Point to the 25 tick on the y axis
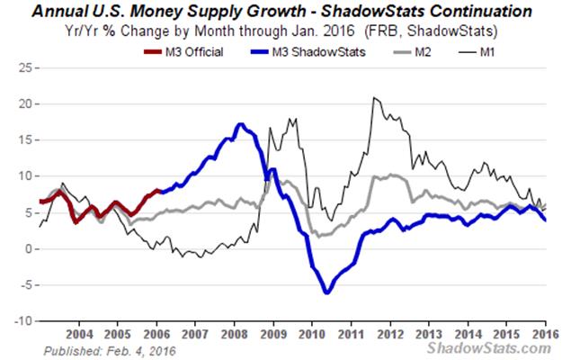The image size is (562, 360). (24, 67)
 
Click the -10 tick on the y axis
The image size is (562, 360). (22, 321)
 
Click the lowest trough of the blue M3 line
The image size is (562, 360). (326, 292)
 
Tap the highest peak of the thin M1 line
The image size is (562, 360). (372, 97)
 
